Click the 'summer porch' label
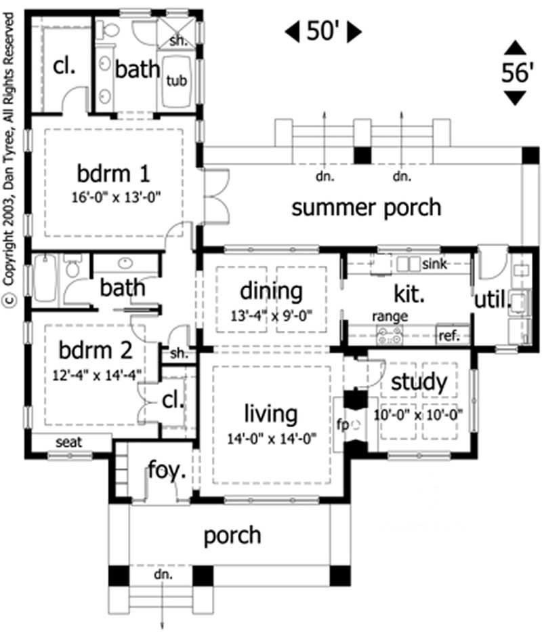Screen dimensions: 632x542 tap(366, 208)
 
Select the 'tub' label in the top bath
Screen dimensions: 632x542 tap(176, 80)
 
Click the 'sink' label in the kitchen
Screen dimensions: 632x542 tap(434, 264)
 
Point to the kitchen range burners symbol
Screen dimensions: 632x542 tap(389, 333)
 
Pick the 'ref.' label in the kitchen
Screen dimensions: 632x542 tap(449, 334)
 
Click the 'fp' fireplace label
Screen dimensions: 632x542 tap(342, 425)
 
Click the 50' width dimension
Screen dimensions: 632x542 tap(323, 31)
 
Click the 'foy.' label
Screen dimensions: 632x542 tap(167, 470)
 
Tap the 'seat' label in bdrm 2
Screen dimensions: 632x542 tap(69, 442)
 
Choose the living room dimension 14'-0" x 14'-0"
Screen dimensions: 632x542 tap(272, 438)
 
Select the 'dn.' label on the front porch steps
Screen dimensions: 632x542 tap(163, 574)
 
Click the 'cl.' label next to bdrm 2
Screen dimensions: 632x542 tap(173, 400)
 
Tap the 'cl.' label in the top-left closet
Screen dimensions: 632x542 tap(64, 66)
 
